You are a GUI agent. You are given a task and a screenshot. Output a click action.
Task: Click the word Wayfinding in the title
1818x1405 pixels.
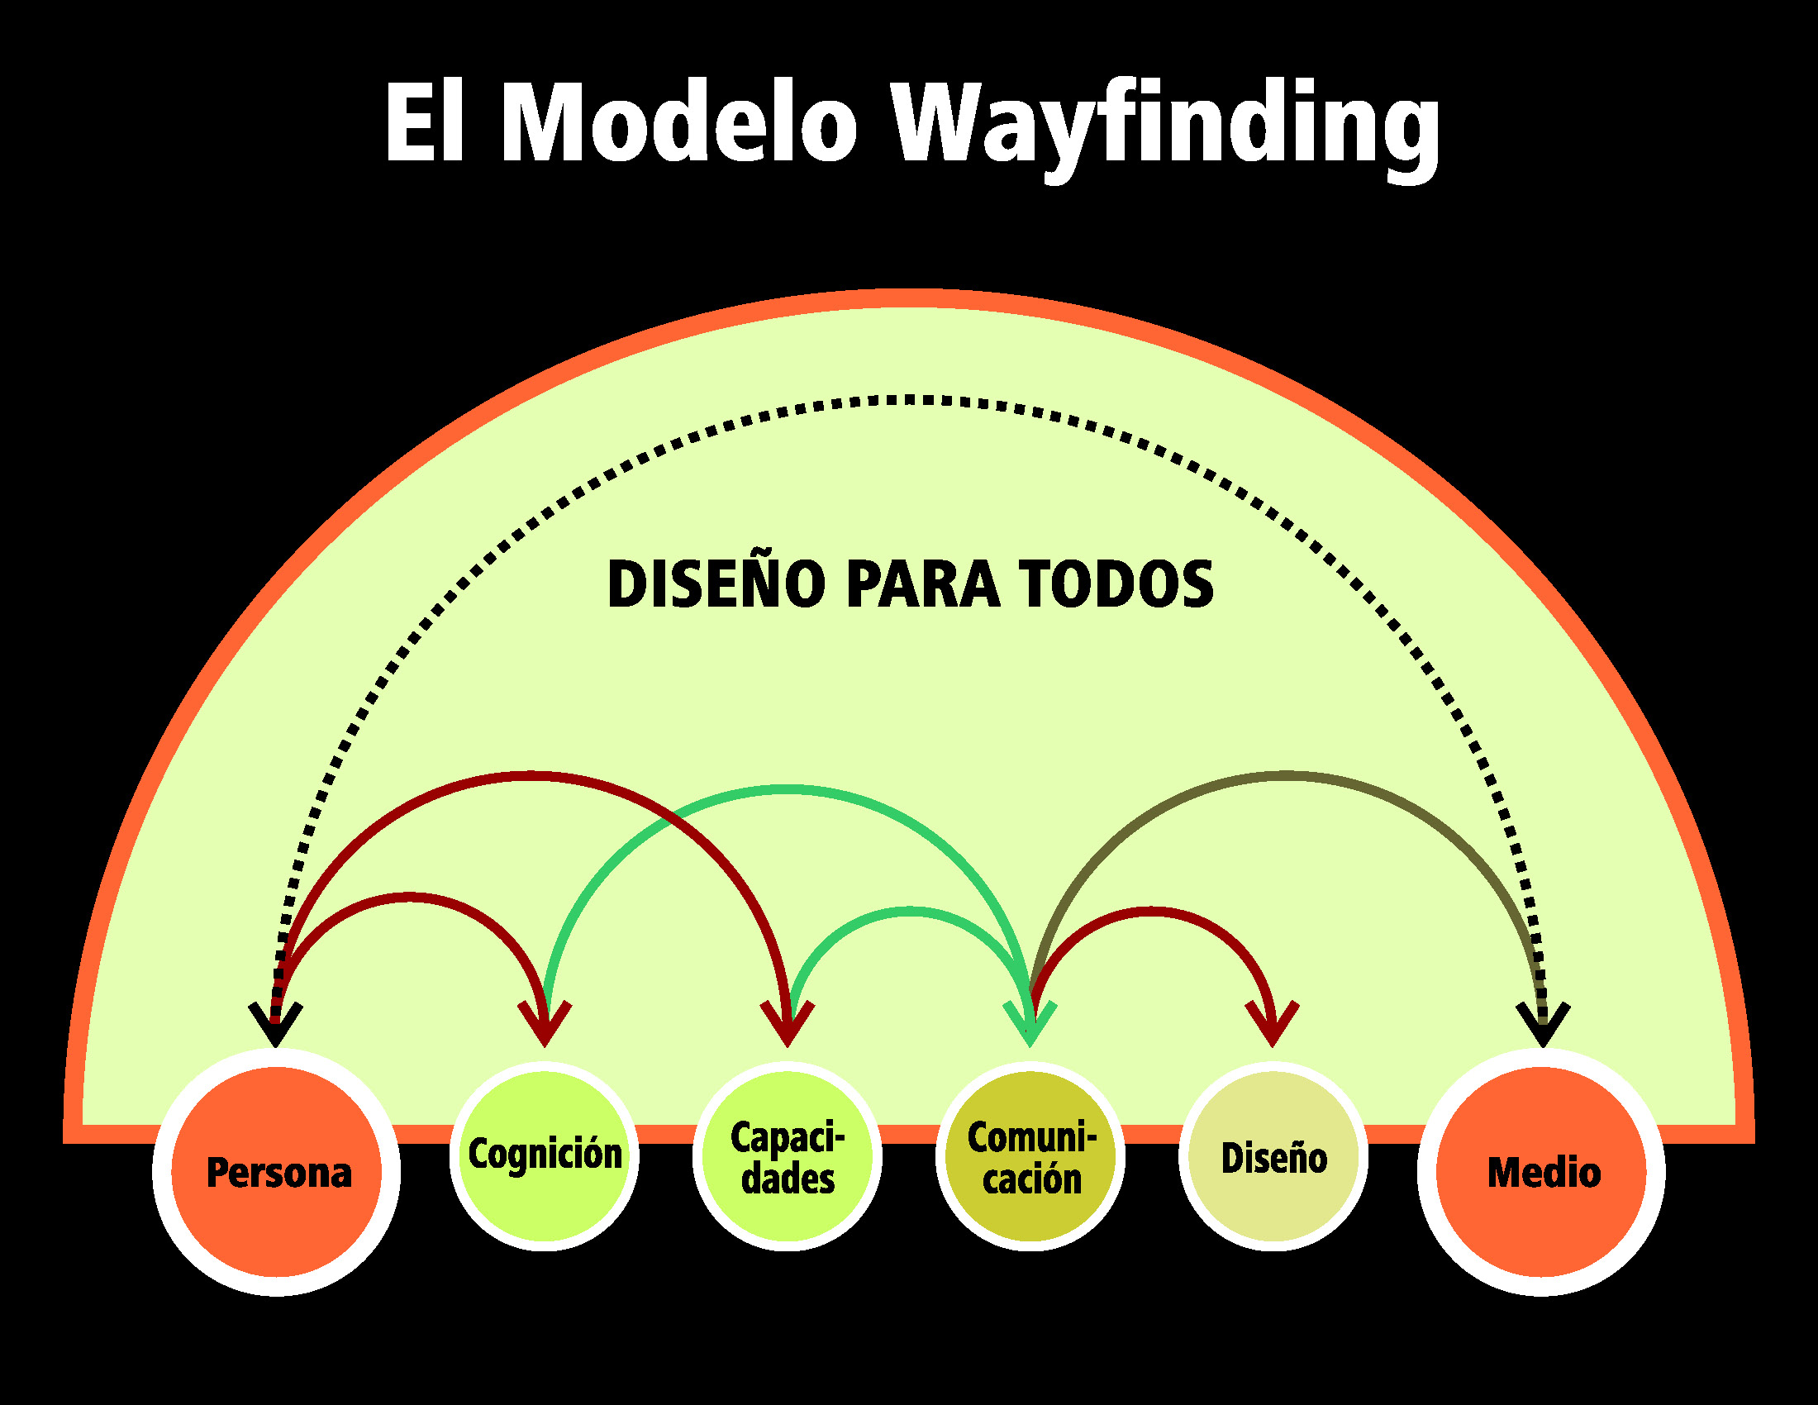tap(1165, 125)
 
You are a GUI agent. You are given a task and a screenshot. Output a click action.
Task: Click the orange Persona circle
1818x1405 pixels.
tap(276, 1172)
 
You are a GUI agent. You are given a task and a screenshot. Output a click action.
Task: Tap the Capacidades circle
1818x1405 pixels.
tap(788, 1157)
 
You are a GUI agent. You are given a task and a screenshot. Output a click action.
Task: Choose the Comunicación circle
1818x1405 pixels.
tap(1030, 1157)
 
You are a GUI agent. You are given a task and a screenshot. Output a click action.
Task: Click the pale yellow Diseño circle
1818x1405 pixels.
tap(1273, 1157)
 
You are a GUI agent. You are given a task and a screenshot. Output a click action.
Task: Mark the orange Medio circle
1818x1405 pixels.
tap(1542, 1172)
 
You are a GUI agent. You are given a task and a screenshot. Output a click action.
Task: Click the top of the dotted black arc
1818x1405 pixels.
tap(909, 400)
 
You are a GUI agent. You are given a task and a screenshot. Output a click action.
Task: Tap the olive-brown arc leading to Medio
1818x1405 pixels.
tap(1286, 776)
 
